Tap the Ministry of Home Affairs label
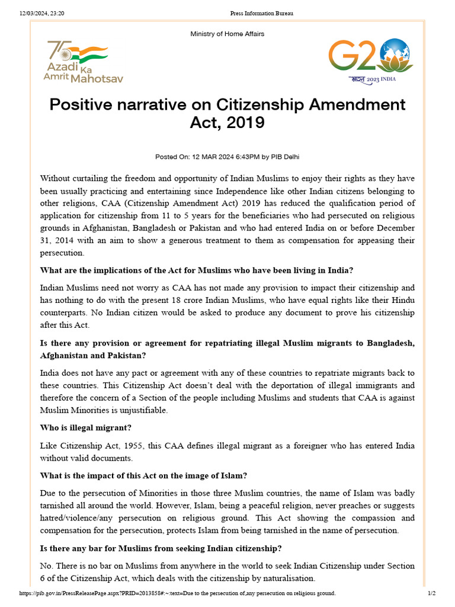coord(227,34)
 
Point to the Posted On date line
coord(227,157)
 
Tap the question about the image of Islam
coord(143,475)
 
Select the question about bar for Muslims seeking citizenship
coord(161,547)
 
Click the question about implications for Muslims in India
coord(197,270)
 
